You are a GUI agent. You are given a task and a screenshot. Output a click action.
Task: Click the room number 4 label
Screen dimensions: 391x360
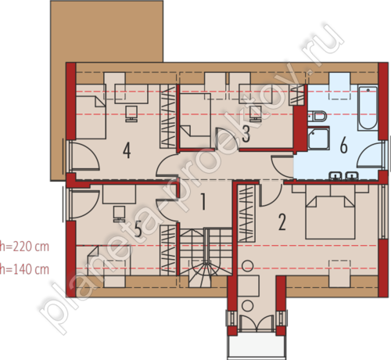pyautogui.click(x=127, y=150)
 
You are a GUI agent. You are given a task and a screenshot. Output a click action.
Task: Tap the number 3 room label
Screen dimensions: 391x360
pyautogui.click(x=246, y=134)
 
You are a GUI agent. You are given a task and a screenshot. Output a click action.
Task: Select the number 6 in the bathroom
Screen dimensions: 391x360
pyautogui.click(x=344, y=145)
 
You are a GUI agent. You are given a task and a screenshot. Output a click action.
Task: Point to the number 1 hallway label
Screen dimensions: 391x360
pyautogui.click(x=203, y=201)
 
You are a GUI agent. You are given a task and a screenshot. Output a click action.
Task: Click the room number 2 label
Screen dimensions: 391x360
pyautogui.click(x=282, y=222)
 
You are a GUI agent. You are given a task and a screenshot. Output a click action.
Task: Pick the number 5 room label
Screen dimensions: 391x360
pyautogui.click(x=138, y=229)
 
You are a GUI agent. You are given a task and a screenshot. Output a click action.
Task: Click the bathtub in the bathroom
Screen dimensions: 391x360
pyautogui.click(x=368, y=108)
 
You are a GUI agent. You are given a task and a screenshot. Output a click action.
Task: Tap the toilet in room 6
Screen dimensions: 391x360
pyautogui.click(x=317, y=117)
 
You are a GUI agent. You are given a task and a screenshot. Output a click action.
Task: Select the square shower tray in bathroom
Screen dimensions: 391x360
pyautogui.click(x=318, y=139)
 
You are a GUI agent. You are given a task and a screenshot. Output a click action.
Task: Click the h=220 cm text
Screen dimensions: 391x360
pyautogui.click(x=24, y=247)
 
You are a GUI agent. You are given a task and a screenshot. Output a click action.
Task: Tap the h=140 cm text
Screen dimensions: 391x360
pyautogui.click(x=24, y=269)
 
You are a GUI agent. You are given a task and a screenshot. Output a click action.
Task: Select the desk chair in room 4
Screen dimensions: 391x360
pyautogui.click(x=131, y=114)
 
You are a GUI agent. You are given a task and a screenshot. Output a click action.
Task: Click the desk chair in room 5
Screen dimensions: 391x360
pyautogui.click(x=119, y=214)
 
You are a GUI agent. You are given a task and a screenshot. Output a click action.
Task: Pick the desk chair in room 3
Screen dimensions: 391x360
pyautogui.click(x=256, y=113)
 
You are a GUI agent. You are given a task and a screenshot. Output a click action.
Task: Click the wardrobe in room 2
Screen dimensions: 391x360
pyautogui.click(x=246, y=213)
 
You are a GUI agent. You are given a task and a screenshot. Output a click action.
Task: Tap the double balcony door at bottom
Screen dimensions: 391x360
pyautogui.click(x=256, y=323)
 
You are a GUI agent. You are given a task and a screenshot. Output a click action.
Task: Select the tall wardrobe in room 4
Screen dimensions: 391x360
pyautogui.click(x=168, y=117)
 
